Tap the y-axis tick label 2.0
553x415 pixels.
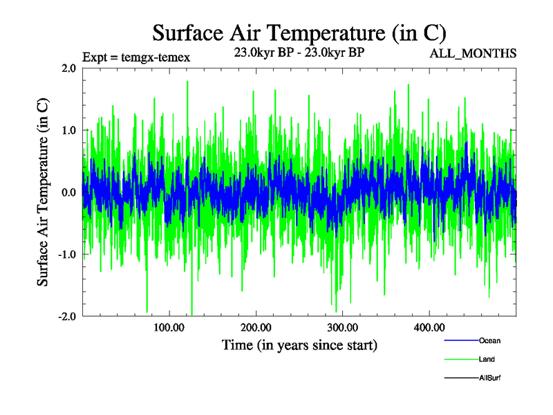(68, 68)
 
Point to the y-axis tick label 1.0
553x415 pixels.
(68, 130)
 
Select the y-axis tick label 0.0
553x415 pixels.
(68, 192)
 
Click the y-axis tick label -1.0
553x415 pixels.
(66, 255)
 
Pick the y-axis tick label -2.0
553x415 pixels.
(66, 317)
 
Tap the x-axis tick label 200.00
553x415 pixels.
(255, 327)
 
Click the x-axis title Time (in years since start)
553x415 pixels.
(299, 344)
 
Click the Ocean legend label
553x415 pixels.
(490, 341)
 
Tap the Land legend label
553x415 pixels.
(487, 360)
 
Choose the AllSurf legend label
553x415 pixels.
(489, 378)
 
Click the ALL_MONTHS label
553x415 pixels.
(474, 53)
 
